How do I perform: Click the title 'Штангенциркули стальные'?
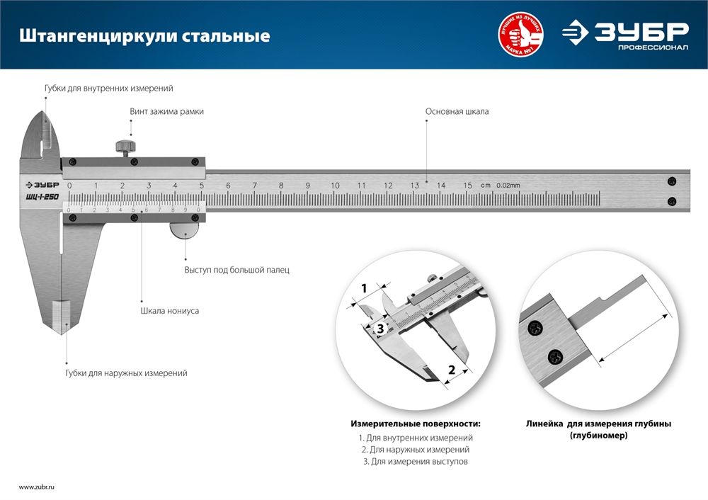(x=144, y=35)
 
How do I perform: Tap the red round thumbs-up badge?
(x=523, y=35)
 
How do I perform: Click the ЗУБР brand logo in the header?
(x=625, y=34)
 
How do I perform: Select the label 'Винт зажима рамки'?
(x=161, y=112)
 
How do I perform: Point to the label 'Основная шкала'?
(x=457, y=112)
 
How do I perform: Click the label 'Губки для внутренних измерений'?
(x=108, y=89)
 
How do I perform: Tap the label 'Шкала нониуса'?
(x=169, y=310)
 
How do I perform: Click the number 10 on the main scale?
(x=335, y=186)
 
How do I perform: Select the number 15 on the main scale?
(x=468, y=186)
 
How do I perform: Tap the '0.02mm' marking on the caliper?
(x=508, y=186)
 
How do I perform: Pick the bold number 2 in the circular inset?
(x=451, y=370)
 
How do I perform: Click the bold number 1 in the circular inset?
(x=364, y=288)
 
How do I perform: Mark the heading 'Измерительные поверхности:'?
(x=416, y=424)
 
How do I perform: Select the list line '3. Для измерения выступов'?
(x=415, y=461)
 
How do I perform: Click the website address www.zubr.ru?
(x=37, y=487)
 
